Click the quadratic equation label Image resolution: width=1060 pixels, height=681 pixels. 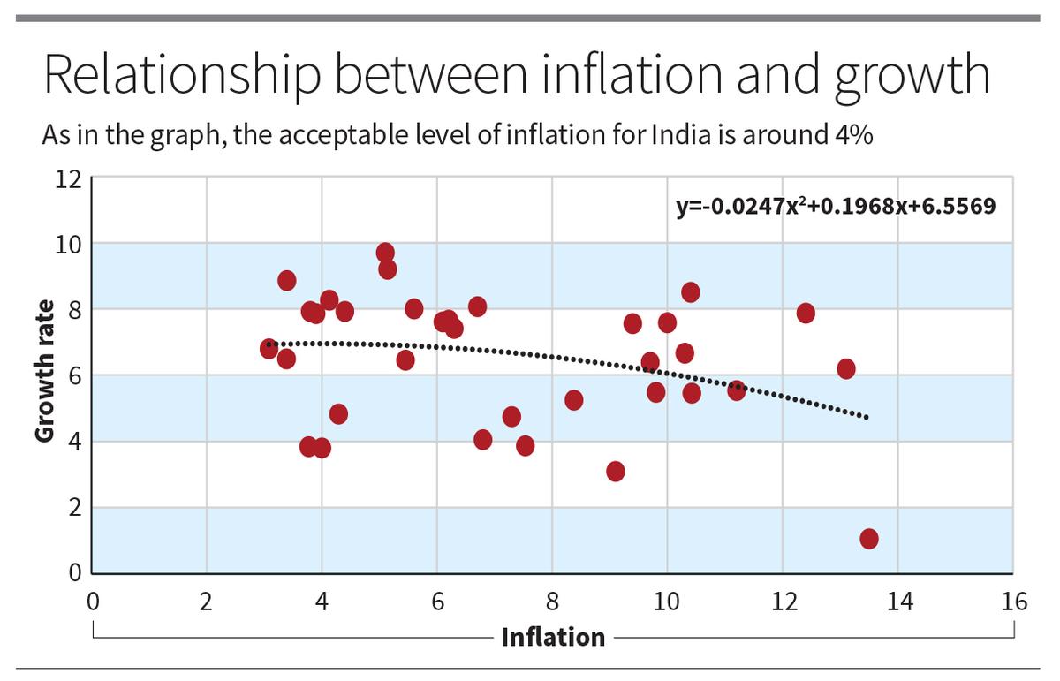click(835, 206)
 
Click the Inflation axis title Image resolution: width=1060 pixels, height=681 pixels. click(553, 636)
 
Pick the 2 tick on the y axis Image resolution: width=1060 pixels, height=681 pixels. click(73, 508)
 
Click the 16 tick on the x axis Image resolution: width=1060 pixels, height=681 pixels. click(1014, 602)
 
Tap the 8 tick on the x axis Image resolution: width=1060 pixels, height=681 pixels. click(553, 602)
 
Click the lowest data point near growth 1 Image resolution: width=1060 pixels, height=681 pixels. click(869, 539)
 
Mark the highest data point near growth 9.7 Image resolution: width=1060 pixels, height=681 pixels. click(385, 253)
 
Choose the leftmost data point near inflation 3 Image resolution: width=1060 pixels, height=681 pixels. click(269, 349)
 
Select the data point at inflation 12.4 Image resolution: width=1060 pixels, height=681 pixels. click(806, 313)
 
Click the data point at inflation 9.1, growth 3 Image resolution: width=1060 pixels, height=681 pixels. click(616, 471)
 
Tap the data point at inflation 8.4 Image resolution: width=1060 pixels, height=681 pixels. click(574, 400)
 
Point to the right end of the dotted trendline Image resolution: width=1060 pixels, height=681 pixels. click(867, 417)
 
